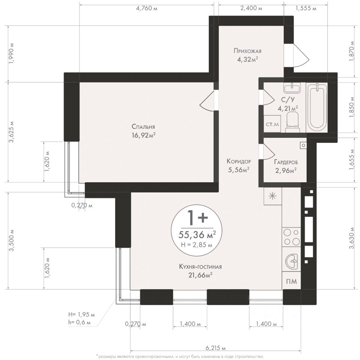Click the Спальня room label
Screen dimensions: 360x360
143,126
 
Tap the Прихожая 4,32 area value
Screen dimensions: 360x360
247,60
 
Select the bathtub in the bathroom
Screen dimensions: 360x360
316,107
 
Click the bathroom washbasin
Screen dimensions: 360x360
292,88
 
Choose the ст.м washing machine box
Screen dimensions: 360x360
272,124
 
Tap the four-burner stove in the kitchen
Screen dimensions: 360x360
291,237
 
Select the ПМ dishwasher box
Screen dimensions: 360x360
291,281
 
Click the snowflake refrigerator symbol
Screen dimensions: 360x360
273,196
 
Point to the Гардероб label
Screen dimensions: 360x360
286,162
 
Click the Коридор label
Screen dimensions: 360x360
238,161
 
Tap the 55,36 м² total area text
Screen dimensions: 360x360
197,235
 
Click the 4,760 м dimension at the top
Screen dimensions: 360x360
147,9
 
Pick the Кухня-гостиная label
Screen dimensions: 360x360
200,267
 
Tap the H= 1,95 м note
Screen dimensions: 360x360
81,314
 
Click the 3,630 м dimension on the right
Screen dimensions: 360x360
351,238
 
